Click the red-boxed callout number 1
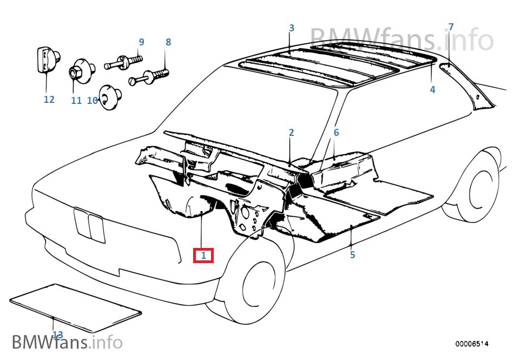pos(203,255)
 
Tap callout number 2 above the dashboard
pos(291,133)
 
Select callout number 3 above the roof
pos(291,28)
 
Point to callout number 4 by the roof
pos(432,90)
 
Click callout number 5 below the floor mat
pos(352,254)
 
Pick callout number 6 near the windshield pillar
pos(336,133)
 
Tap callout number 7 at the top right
pos(451,27)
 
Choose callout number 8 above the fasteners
pos(168,42)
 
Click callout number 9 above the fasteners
pos(141,42)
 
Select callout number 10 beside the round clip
pos(92,100)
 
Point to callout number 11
pos(76,100)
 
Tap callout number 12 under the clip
pos(49,100)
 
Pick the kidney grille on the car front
pos(90,225)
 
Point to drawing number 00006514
pos(472,344)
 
